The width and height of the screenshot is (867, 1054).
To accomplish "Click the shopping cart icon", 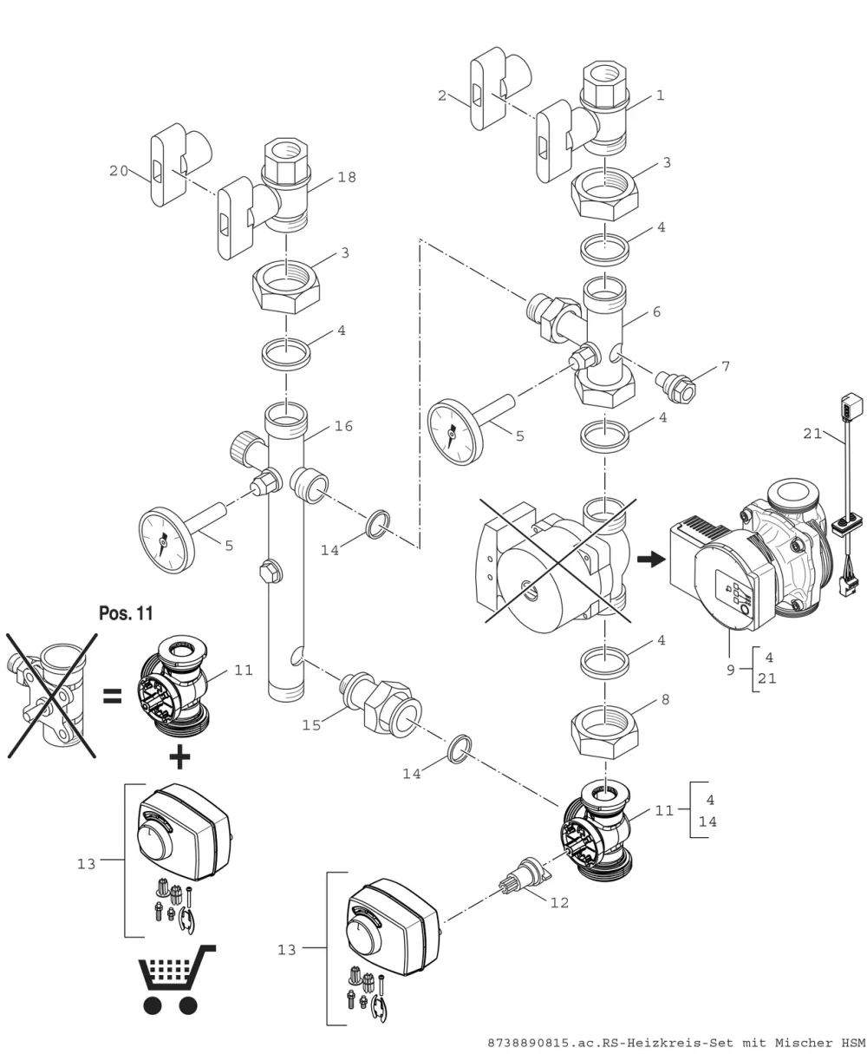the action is click(x=176, y=979).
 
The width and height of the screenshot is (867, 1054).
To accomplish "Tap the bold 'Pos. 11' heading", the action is click(x=126, y=612).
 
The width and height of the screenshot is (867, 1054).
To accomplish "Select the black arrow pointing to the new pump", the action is click(x=651, y=559).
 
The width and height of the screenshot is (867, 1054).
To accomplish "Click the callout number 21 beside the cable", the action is click(x=812, y=434).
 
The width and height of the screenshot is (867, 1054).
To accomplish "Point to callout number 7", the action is click(x=726, y=366).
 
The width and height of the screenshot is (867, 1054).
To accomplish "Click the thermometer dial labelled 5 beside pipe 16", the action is click(x=167, y=540).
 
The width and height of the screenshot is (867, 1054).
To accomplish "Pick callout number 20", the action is click(x=119, y=171).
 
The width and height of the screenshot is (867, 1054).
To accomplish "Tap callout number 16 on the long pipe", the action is click(x=343, y=426).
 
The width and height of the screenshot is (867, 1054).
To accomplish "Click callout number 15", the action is click(x=311, y=725).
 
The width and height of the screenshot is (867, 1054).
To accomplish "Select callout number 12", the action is click(x=559, y=902).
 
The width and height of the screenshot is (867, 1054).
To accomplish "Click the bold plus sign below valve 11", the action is click(x=179, y=757).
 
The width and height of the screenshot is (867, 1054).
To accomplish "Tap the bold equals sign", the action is click(x=112, y=697).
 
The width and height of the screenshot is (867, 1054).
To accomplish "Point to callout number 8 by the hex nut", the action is click(x=665, y=700).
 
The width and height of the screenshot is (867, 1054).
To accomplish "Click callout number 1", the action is click(x=661, y=95).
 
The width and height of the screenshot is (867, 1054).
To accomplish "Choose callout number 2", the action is click(x=442, y=95).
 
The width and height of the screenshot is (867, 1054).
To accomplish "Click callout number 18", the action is click(x=347, y=177).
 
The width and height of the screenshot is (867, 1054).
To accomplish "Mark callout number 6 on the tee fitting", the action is click(x=656, y=311).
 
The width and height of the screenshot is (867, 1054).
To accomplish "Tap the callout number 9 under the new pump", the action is click(x=730, y=671).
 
